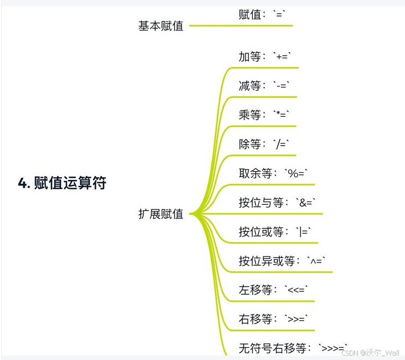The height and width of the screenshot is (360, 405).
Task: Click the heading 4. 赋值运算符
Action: (62, 183)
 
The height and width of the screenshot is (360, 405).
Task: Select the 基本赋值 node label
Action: (161, 26)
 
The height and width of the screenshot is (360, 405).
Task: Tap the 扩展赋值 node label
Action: (161, 214)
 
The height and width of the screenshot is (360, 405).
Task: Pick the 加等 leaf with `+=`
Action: (265, 56)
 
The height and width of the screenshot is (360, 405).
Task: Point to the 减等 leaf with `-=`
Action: (264, 86)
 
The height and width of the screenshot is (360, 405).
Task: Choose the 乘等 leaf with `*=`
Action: (264, 115)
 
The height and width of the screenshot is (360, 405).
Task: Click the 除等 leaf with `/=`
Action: (264, 144)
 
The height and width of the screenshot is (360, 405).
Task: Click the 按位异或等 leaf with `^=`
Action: (283, 261)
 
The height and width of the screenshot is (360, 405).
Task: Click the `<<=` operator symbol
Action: (297, 290)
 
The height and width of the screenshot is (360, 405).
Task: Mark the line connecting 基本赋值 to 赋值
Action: (211, 25)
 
